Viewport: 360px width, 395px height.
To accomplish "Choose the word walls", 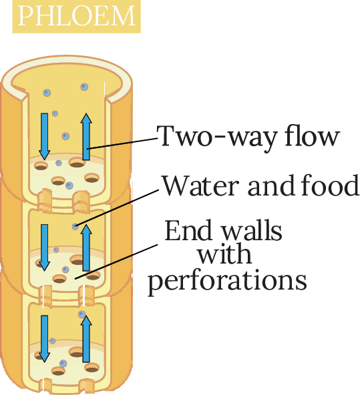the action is (x=251, y=230).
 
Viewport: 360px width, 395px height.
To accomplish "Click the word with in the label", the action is (x=224, y=254).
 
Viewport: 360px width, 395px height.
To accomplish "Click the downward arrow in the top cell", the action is (x=44, y=136).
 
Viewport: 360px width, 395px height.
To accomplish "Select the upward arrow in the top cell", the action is (x=86, y=137).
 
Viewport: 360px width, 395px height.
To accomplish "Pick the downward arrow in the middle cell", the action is (x=44, y=248).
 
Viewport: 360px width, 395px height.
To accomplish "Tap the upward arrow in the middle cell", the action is (x=86, y=248).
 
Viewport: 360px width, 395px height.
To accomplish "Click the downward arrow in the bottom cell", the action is (x=44, y=339).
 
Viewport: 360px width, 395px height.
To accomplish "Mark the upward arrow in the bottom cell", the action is (x=86, y=339).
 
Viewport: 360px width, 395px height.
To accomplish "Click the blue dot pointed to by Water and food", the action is (x=75, y=226).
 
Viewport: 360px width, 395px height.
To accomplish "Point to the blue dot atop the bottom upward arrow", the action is (x=81, y=314).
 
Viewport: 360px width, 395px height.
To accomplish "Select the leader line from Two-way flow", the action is (x=122, y=143).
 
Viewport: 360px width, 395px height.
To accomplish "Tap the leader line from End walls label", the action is (x=116, y=262).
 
